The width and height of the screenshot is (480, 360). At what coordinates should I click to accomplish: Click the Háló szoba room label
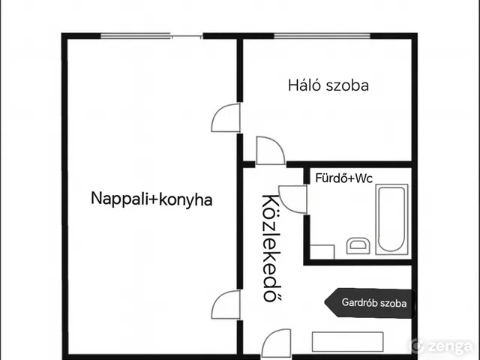(328, 85)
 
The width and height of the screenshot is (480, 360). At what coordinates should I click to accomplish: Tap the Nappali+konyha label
(151, 199)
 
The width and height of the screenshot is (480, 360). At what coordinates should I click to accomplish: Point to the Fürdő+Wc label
(343, 178)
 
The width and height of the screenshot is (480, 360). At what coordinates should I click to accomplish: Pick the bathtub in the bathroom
(391, 220)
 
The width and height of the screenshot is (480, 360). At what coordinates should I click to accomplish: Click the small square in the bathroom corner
(322, 252)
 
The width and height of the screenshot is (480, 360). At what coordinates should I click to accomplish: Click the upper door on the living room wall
(226, 118)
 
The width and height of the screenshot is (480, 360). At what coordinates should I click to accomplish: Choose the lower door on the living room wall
(226, 304)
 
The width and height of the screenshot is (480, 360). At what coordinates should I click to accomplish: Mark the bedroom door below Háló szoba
(269, 150)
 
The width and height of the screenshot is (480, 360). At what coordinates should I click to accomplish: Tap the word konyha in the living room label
(187, 199)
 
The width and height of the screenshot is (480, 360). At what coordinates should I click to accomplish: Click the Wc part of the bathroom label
(363, 178)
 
